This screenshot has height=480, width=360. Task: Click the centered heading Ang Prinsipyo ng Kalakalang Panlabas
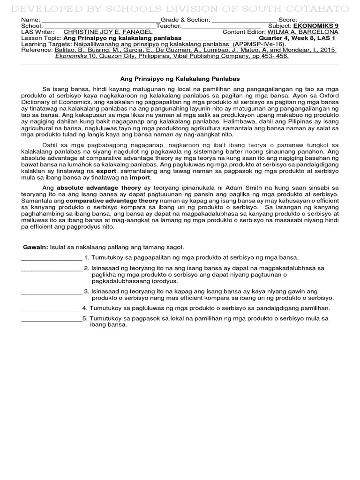pyautogui.click(x=180, y=79)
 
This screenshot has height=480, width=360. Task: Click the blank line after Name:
pyautogui.click(x=100, y=21)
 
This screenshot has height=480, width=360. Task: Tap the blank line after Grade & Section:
pyautogui.click(x=243, y=21)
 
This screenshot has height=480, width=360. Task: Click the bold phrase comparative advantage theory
pyautogui.click(x=106, y=200)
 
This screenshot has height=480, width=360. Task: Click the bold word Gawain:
pyautogui.click(x=36, y=247)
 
